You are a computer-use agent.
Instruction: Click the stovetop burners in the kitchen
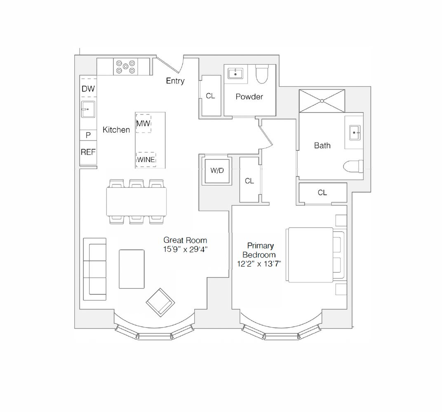[x=125, y=67]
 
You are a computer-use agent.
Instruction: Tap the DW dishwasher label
[x=88, y=89]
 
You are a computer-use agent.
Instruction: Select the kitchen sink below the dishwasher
[x=88, y=109]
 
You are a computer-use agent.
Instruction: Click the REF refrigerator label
[x=88, y=152]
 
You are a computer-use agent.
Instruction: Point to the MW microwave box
[x=143, y=123]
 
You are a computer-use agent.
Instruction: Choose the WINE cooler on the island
[x=146, y=159]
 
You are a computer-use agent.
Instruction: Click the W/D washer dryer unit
[x=217, y=171]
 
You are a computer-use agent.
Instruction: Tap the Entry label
[x=175, y=81]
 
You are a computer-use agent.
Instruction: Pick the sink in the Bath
[x=355, y=133]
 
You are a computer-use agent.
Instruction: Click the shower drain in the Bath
[x=321, y=100]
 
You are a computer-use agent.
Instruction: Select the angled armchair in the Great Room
[x=160, y=302]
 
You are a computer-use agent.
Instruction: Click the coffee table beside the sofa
[x=132, y=269]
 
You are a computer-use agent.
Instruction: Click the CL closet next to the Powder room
[x=210, y=96]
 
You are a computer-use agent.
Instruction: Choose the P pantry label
[x=88, y=135]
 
